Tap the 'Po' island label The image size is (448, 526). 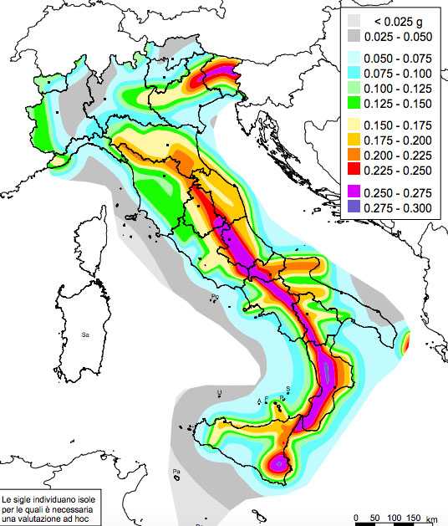215,297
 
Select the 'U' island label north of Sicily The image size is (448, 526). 219,391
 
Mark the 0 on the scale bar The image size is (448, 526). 357,516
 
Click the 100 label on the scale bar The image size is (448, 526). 393,516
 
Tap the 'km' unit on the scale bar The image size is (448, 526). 431,518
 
